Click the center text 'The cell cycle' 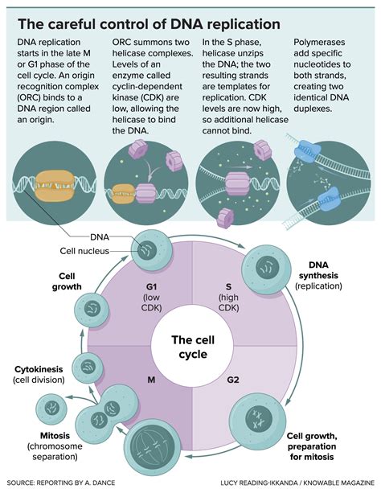tap(191, 346)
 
